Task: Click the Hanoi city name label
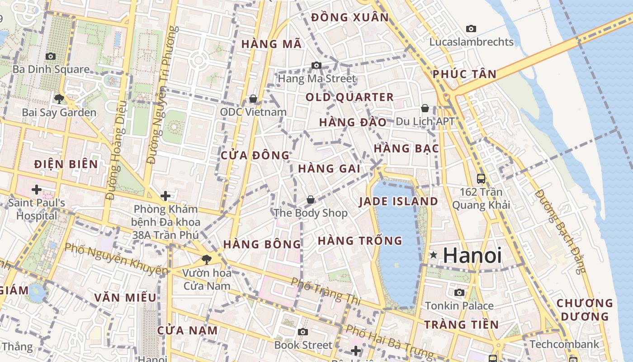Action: point(472,256)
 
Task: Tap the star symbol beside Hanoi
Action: point(433,255)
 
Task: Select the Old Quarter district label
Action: point(350,97)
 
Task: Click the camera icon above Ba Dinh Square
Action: point(51,57)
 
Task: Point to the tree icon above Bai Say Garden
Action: point(59,99)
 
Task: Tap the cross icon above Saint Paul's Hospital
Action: point(37,189)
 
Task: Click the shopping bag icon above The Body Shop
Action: point(311,200)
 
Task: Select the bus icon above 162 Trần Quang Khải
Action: point(481,178)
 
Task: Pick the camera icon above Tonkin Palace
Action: point(459,292)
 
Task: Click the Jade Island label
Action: point(398,201)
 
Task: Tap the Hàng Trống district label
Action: point(360,241)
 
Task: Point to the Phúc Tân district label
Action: point(464,74)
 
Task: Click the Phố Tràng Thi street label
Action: point(325,291)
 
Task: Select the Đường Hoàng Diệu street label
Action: point(116,156)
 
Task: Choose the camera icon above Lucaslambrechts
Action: point(471,29)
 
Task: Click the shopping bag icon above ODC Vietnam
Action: point(253,99)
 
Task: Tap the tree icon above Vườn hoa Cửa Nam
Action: point(207,260)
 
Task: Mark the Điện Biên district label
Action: point(66,164)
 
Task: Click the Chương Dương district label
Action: point(585,310)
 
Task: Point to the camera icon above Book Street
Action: point(303,332)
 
